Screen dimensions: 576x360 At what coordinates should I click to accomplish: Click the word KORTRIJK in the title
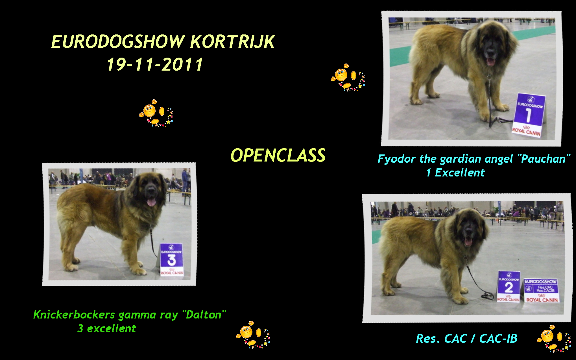coord(232,42)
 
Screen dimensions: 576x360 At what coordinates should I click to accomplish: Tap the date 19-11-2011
coord(155,64)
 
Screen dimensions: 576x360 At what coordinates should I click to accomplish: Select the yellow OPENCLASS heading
coord(278,155)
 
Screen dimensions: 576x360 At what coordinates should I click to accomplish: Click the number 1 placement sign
coord(529,115)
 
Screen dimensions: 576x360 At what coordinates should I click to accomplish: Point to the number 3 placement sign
coord(172,259)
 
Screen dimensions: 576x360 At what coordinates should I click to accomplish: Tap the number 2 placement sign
coord(509,286)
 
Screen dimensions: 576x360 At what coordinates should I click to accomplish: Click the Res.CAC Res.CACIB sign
coord(542,291)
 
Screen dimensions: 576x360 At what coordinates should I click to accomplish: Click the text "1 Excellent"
coord(455,173)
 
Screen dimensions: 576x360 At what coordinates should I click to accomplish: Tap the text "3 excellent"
coord(107,328)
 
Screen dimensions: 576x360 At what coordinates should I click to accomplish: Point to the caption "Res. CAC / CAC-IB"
coord(466,339)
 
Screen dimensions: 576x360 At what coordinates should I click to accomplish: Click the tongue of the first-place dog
coord(491,62)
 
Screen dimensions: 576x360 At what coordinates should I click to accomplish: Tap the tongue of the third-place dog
coord(152,202)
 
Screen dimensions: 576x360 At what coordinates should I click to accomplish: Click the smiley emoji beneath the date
coord(156,113)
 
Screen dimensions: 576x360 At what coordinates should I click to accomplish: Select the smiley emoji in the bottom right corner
coord(554,338)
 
